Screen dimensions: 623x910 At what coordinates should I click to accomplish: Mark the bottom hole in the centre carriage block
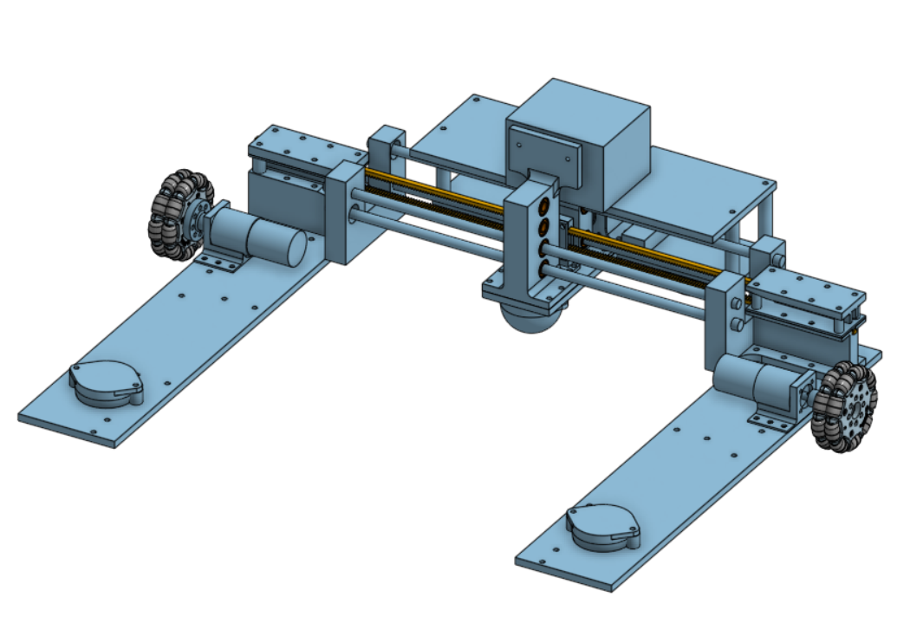544,270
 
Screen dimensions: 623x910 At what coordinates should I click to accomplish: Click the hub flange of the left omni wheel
198,222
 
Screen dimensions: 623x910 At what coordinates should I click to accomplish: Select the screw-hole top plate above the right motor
806,290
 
